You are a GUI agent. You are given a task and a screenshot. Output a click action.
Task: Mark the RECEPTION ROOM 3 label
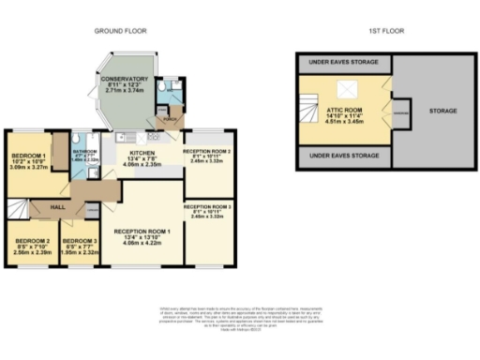(207, 205)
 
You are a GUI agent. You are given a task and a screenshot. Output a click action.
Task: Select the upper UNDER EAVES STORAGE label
(344, 64)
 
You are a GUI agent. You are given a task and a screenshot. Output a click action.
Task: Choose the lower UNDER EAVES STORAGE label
(344, 156)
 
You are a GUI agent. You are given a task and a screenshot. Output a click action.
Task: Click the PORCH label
(171, 120)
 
